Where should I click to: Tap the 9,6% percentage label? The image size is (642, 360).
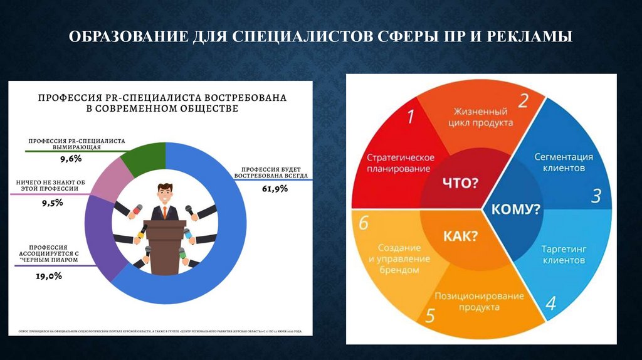pos(71,159)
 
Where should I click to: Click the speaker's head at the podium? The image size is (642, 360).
pos(164,191)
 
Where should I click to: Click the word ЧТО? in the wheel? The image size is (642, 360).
pos(460,184)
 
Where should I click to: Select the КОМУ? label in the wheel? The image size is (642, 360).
pos(515,209)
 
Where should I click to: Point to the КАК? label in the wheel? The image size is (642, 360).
pos(460,236)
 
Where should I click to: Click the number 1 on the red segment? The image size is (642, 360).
pos(411,117)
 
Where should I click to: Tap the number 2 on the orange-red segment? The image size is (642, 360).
pos(522,100)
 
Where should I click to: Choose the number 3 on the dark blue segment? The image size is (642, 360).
pos(596,196)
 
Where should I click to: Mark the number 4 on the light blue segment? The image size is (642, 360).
pos(550,304)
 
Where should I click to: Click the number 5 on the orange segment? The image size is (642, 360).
pos(429,315)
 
